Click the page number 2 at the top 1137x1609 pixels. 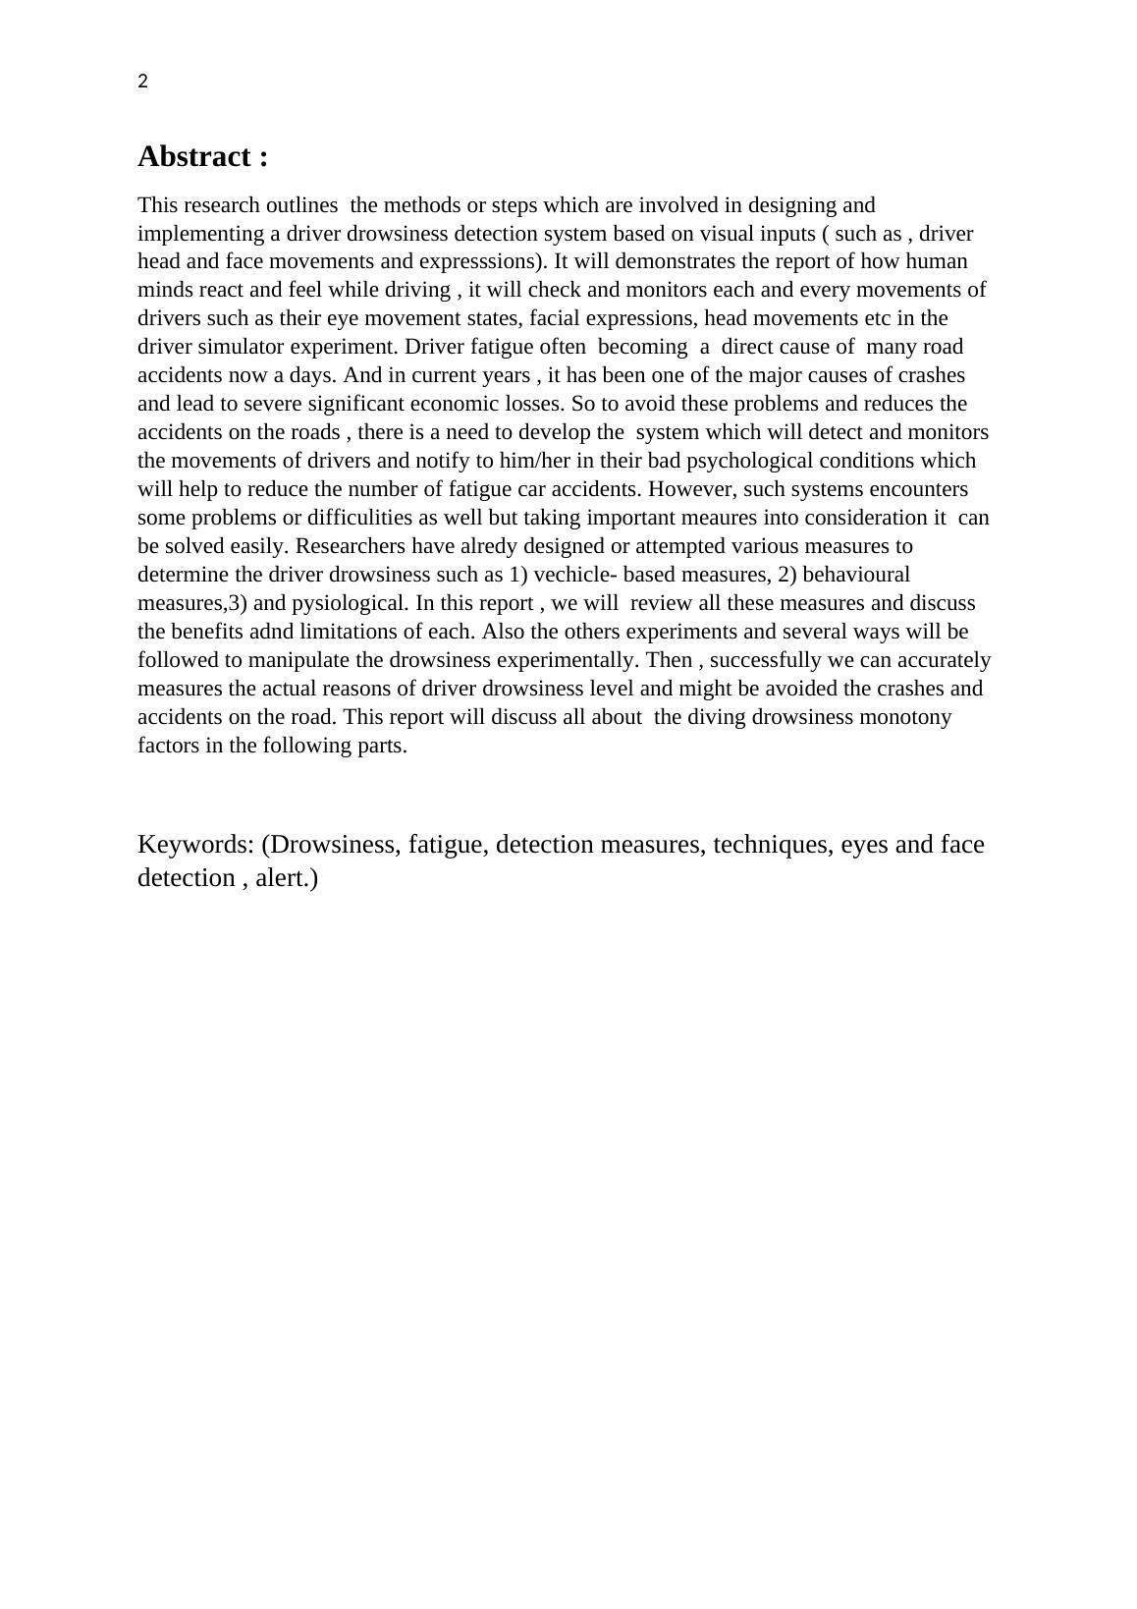(x=143, y=83)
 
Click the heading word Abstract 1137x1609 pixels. (x=193, y=156)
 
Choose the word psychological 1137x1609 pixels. (x=749, y=461)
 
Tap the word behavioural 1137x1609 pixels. (x=856, y=575)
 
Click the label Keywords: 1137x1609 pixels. (x=196, y=845)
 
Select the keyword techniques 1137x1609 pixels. (x=772, y=845)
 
